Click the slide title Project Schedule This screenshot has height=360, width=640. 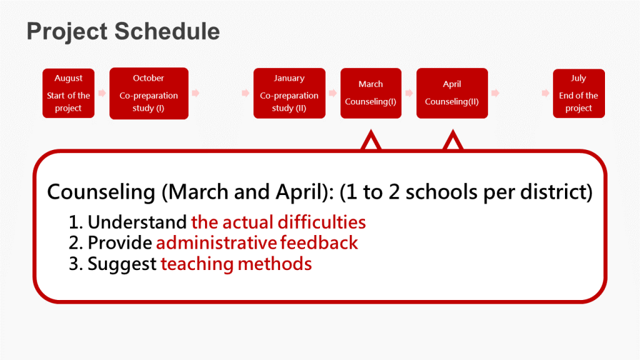[123, 31]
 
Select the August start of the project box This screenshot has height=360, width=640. [69, 93]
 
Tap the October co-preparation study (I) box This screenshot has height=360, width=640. [149, 94]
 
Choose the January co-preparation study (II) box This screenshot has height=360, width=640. [289, 93]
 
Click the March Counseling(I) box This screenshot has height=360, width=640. [371, 93]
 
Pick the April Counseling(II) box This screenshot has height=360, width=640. [452, 93]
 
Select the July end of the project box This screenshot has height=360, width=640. [579, 94]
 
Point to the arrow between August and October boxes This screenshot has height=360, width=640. [102, 93]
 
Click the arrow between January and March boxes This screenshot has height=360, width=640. [333, 93]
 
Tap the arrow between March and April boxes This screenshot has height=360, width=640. [409, 93]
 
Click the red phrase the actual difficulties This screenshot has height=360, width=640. [278, 222]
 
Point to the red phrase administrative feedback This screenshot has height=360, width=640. [257, 243]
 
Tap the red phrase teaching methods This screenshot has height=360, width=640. [236, 264]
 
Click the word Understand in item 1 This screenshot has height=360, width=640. [137, 222]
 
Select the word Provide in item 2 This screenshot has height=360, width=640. [120, 243]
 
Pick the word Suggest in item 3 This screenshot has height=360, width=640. [122, 264]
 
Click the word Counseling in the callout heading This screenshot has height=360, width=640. [101, 192]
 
